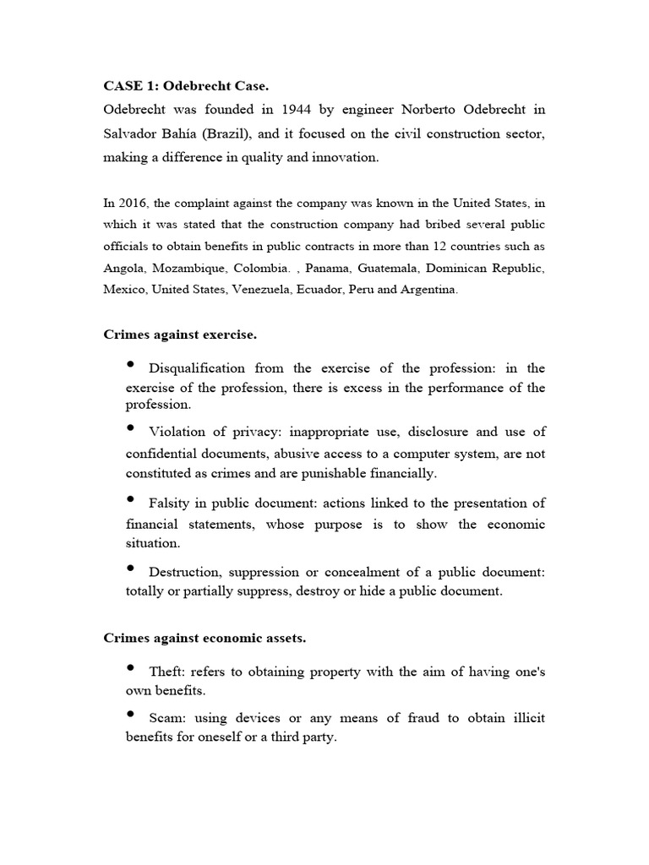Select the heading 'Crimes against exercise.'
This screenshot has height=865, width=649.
tap(180, 335)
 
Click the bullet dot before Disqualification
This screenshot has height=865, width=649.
tap(131, 365)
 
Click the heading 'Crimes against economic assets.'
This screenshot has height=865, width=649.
tap(205, 639)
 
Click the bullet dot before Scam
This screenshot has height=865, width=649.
tap(131, 715)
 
